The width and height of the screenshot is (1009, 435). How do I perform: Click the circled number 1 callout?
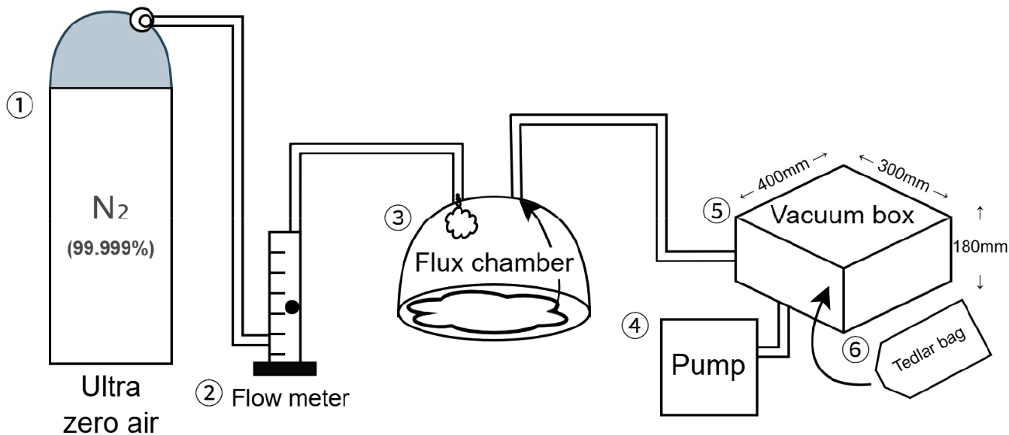coord(20,105)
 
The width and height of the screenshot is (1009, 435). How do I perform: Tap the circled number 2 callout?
coord(208,394)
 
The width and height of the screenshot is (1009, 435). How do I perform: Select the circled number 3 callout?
coord(398,218)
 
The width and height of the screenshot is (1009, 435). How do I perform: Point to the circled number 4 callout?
coord(635,325)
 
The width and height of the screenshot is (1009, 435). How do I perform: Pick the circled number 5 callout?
coord(717,210)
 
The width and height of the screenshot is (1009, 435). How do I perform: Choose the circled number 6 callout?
coord(855,350)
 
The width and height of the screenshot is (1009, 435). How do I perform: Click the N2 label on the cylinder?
coord(111,209)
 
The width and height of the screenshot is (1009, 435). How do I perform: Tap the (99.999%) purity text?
coord(111,248)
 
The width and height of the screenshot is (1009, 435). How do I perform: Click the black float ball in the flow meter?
coord(292,307)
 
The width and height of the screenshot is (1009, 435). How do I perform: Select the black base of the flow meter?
coord(285,368)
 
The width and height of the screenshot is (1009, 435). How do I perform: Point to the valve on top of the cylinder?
coord(142,20)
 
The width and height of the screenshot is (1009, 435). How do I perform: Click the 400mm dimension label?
coord(783,175)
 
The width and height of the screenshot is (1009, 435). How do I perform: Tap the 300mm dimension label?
coord(903,176)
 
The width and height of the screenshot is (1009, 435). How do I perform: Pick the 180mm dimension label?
coord(980,246)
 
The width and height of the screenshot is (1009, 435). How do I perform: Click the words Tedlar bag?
coord(929,349)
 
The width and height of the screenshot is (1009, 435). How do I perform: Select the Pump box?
coord(709,367)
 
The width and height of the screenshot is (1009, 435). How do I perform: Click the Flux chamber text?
coord(494,262)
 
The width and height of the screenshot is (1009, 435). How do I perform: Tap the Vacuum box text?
coord(842,215)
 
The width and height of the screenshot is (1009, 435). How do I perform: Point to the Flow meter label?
coord(290,398)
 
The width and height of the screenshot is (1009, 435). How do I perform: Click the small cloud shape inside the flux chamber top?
coord(461,223)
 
